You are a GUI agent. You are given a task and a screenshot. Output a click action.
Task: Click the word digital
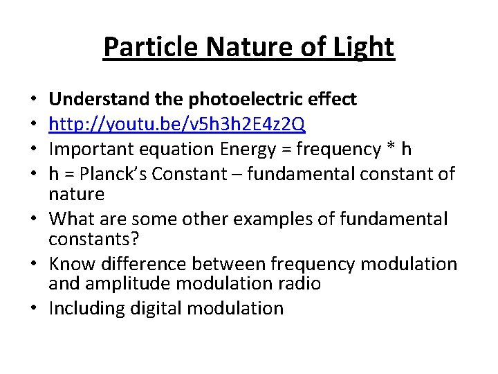click(149, 308)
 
